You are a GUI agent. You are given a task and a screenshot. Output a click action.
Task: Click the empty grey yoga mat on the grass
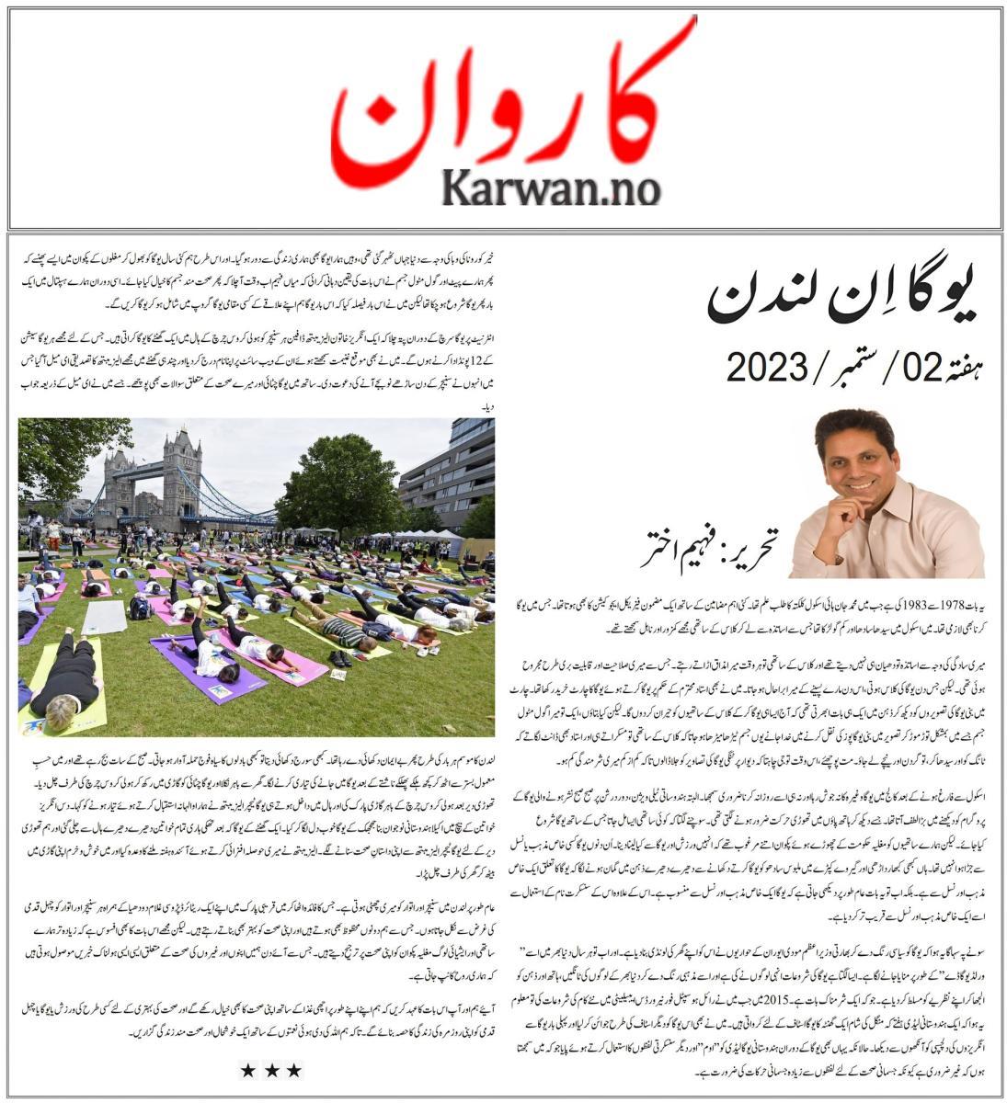pyautogui.click(x=105, y=618)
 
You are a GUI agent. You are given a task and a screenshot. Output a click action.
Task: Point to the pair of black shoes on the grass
pyautogui.click(x=340, y=658)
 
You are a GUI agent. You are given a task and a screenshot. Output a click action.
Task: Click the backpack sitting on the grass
pyautogui.click(x=140, y=608)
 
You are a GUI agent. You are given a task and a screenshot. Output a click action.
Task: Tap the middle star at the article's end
pyautogui.click(x=270, y=1069)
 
